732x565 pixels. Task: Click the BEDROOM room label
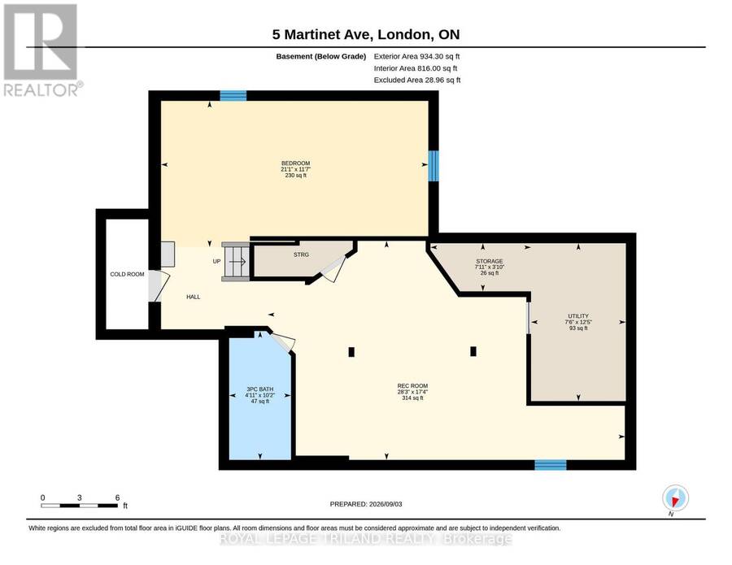point(295,163)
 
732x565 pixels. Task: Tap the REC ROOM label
point(412,386)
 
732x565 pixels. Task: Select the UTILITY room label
point(578,316)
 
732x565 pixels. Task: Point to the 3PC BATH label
point(260,389)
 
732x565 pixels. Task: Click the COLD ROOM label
point(127,274)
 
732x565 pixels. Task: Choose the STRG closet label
point(301,254)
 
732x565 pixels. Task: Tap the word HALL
point(194,297)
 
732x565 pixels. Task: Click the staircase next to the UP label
point(235,261)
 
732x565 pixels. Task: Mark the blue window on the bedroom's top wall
point(233,96)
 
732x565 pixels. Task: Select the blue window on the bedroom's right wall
point(434,166)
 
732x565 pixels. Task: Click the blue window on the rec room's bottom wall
point(551,465)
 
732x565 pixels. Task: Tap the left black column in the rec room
point(351,352)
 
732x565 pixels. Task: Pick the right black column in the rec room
point(473,351)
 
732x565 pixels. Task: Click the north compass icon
point(675,498)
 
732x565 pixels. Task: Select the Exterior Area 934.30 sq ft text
point(417,56)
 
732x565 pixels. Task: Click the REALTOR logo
point(42,50)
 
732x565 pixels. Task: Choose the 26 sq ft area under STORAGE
point(490,273)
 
